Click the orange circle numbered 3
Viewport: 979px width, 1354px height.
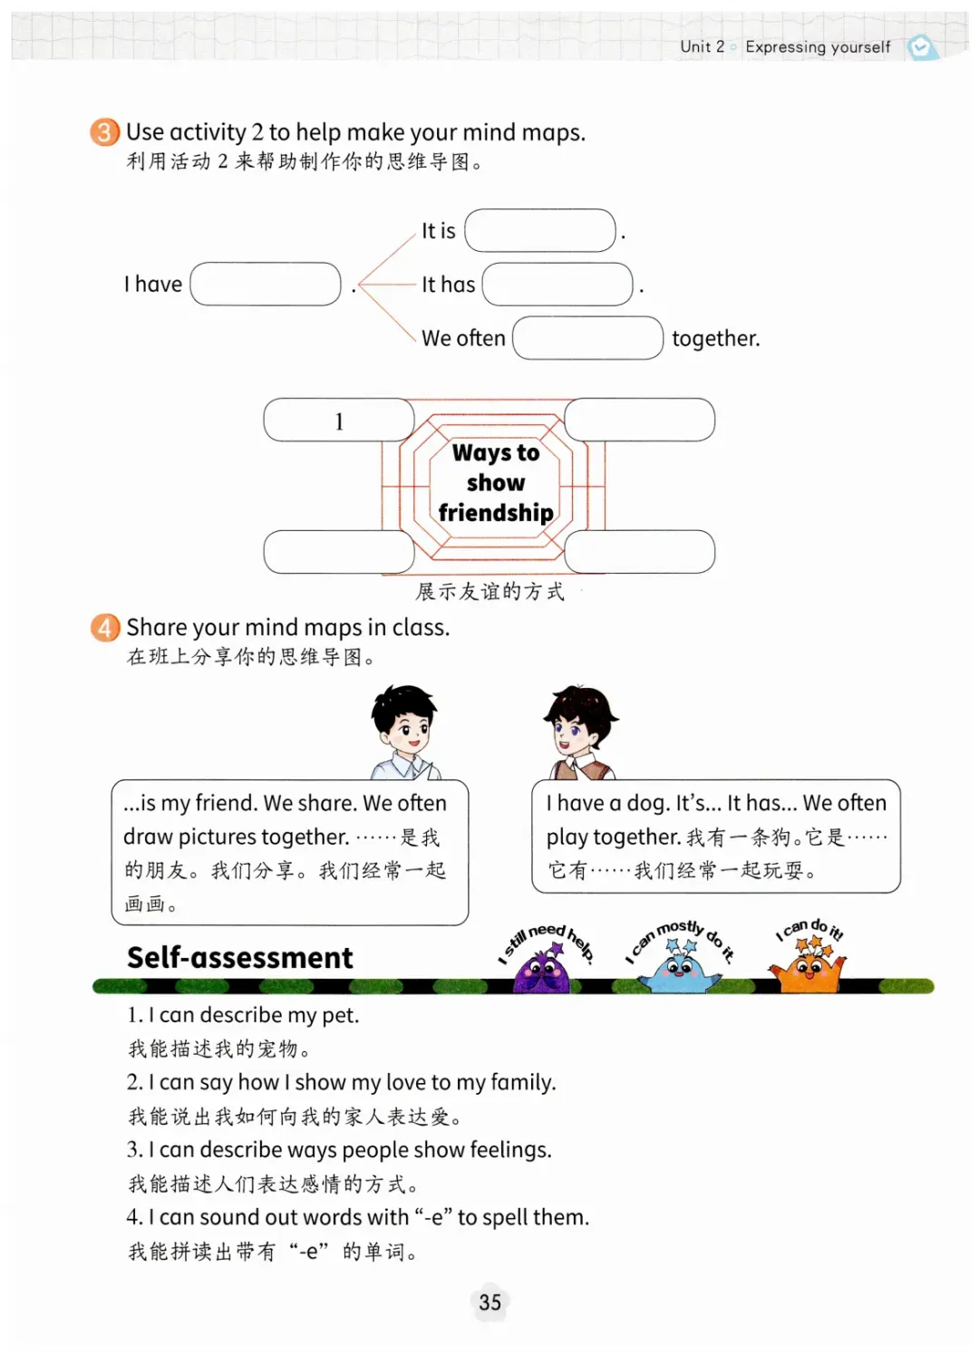(104, 132)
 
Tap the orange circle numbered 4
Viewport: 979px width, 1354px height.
(104, 627)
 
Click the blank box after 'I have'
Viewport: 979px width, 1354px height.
(266, 285)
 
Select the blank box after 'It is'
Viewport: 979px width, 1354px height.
(540, 231)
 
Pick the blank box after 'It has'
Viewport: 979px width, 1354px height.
(557, 285)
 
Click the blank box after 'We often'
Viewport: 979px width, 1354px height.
(587, 338)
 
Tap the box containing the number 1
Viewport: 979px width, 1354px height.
(338, 421)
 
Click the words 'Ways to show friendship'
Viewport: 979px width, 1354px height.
(496, 483)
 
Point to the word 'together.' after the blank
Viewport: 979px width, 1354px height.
(715, 339)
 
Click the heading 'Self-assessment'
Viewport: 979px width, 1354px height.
(240, 958)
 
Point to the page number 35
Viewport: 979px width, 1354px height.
(489, 1302)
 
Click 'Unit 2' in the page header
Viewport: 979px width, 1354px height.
(702, 47)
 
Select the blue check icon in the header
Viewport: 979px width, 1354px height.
(922, 47)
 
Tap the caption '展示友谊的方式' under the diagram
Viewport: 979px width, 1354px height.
(489, 592)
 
